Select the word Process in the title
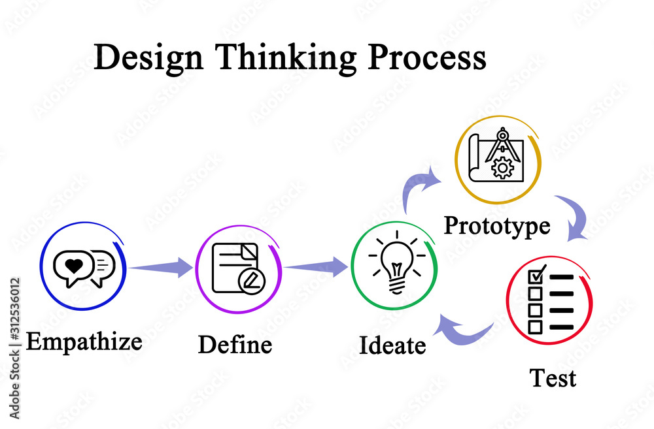(x=426, y=58)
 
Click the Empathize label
(x=84, y=341)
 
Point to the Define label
(x=235, y=344)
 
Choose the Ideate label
(x=392, y=345)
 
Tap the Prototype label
(x=497, y=226)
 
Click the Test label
(x=553, y=378)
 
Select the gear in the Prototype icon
(x=502, y=168)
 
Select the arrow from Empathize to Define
(x=162, y=266)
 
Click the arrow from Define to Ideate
(x=317, y=266)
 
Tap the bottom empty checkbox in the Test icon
(x=535, y=326)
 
